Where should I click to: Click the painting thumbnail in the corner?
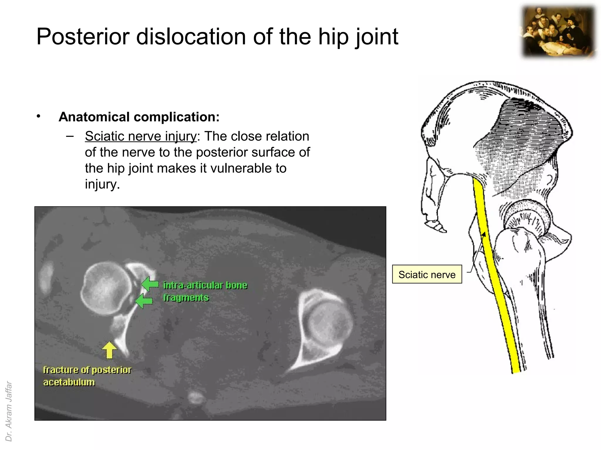pos(559,32)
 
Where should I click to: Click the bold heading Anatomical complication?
pos(139,117)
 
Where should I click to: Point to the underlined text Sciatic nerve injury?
pos(141,136)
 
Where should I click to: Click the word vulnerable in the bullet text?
pos(239,168)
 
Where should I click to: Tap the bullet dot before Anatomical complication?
pos(38,117)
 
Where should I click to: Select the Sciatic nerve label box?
pos(427,274)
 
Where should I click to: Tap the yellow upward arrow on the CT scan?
pos(109,350)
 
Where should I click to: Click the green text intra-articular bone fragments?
pos(205,291)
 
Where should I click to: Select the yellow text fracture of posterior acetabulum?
pos(87,376)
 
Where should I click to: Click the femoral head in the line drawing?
pos(525,211)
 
